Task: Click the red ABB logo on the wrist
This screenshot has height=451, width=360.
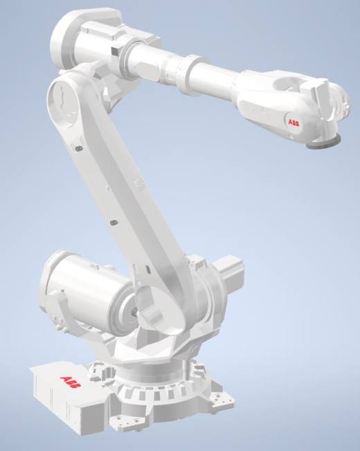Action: point(294,123)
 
